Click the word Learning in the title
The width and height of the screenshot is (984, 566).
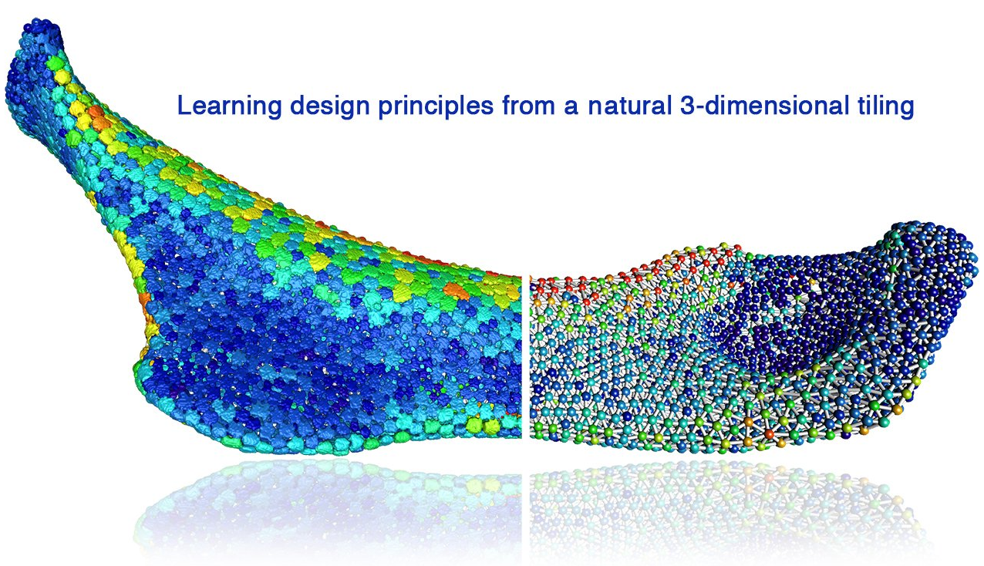[229, 106]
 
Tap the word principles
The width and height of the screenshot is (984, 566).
[436, 106]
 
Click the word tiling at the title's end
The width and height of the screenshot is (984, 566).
[885, 106]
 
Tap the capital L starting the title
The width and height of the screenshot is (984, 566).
[184, 105]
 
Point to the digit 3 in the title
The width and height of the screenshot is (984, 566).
[687, 106]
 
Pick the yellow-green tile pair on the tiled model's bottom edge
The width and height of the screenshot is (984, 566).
[484, 424]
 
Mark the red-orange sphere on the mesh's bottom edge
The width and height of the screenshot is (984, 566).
[769, 433]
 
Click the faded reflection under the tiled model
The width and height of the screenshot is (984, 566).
[329, 505]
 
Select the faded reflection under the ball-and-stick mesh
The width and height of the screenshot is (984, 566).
[725, 500]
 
